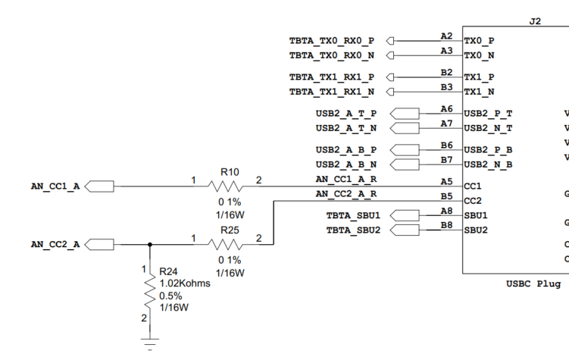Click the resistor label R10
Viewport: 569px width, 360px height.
click(230, 172)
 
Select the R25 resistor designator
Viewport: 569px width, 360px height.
click(230, 229)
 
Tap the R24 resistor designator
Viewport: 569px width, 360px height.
click(167, 271)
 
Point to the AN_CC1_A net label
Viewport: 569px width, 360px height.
click(55, 186)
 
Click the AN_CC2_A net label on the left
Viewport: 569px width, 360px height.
click(55, 244)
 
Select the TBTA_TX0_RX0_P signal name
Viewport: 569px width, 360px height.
click(331, 40)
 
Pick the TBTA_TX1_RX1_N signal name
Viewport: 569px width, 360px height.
click(331, 92)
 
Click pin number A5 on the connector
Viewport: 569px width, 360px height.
click(446, 181)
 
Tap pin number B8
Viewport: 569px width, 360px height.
click(446, 225)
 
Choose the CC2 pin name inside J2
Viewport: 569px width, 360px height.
click(473, 201)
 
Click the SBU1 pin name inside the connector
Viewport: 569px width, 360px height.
click(476, 216)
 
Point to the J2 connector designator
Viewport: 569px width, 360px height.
click(535, 22)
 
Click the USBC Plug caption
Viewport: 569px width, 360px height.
click(533, 284)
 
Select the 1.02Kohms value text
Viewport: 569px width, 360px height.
click(184, 283)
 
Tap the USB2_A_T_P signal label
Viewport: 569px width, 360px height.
click(346, 114)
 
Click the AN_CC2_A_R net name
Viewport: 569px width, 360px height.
click(346, 195)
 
